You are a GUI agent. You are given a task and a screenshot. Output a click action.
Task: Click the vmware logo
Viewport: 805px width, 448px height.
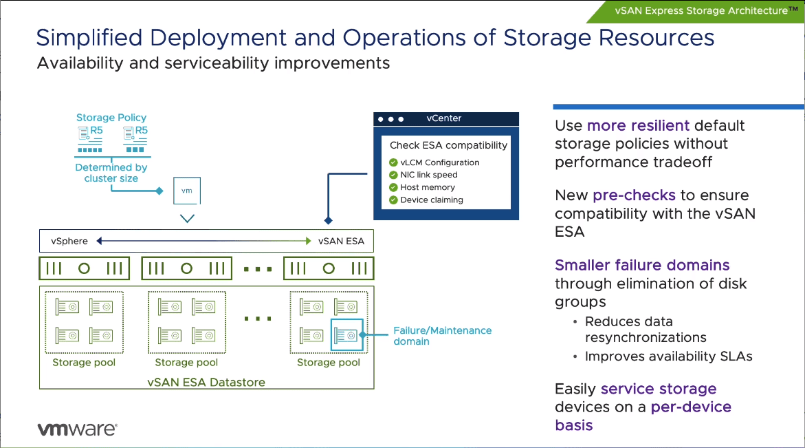[77, 429]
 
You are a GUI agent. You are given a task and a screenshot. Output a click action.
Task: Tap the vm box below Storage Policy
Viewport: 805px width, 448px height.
[187, 191]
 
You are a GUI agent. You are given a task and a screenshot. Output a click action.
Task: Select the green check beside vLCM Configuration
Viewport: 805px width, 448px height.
[393, 163]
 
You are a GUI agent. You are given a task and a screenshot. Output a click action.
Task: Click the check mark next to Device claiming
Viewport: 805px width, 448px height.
[393, 200]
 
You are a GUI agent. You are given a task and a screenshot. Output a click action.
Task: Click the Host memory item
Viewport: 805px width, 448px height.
[428, 187]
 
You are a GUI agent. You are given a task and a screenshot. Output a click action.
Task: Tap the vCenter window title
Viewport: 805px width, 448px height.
[444, 118]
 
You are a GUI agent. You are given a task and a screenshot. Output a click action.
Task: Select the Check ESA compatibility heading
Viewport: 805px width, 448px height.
[448, 145]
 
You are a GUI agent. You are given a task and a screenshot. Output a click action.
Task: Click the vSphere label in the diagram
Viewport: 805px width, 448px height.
[69, 241]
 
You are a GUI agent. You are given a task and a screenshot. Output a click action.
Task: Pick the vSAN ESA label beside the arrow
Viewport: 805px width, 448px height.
[341, 241]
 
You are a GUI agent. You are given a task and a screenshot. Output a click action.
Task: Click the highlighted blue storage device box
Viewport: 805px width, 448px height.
[346, 335]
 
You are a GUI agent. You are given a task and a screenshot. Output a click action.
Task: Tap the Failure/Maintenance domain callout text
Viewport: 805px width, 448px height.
[442, 336]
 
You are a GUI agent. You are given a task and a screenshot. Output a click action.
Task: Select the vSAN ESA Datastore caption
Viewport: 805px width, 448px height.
[206, 382]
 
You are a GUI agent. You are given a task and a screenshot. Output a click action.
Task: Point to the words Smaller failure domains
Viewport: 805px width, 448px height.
[642, 265]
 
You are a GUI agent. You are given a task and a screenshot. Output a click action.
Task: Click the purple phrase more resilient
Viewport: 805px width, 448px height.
[638, 125]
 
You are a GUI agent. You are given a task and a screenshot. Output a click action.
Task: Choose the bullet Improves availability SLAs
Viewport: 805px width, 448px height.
[668, 356]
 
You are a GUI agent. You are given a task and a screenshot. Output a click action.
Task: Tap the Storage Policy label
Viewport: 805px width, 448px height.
[111, 118]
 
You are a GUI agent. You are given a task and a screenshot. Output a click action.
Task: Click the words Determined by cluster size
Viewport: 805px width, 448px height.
[111, 173]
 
